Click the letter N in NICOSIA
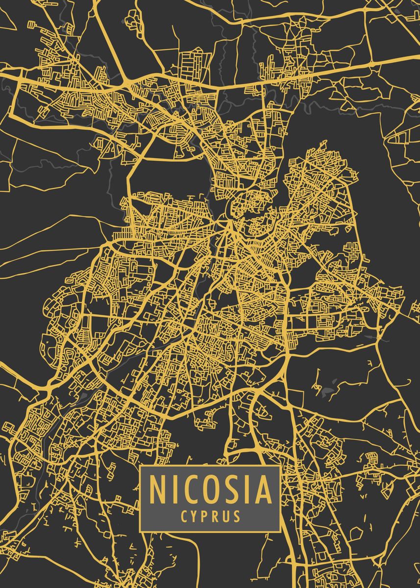pyautogui.click(x=158, y=490)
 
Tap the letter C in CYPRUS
pyautogui.click(x=184, y=516)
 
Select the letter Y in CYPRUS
pyautogui.click(x=195, y=516)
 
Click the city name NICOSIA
pyautogui.click(x=210, y=490)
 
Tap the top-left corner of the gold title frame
pyautogui.click(x=140, y=465)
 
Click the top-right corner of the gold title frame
pyautogui.click(x=280, y=465)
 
